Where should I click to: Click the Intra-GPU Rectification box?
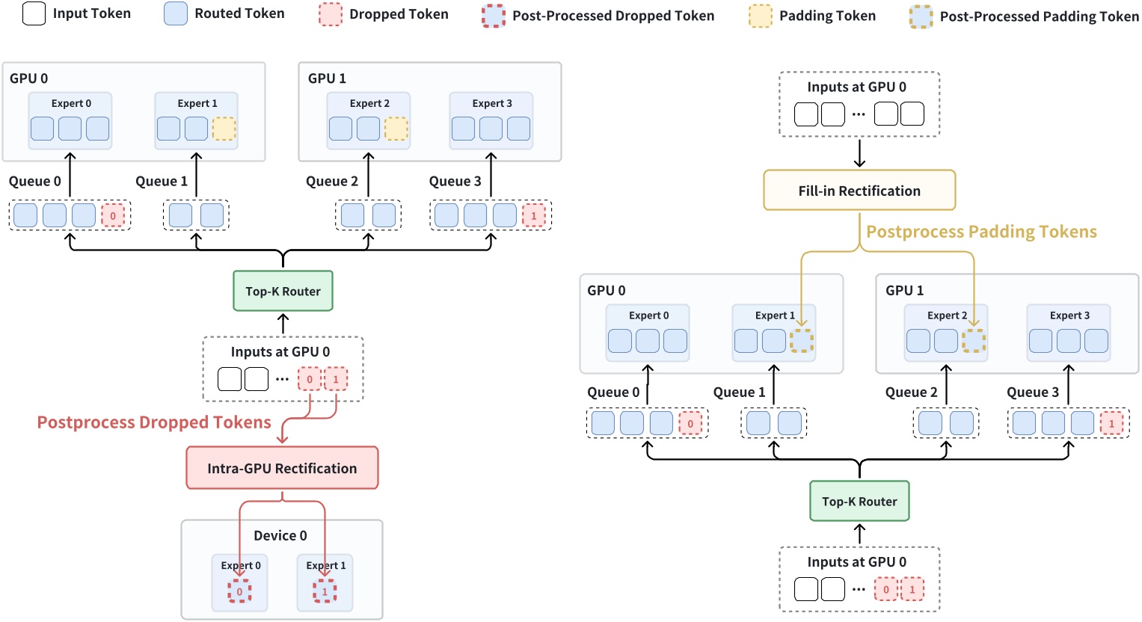[282, 468]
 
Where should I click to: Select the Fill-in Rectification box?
[859, 191]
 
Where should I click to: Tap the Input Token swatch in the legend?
[34, 13]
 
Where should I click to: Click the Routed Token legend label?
[239, 13]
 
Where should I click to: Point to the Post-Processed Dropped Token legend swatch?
[494, 16]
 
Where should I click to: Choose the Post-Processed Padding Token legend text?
[1039, 16]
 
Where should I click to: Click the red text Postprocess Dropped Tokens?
[154, 422]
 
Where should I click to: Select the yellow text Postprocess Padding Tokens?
[981, 232]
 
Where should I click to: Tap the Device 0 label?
[280, 535]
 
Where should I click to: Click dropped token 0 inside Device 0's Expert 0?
[239, 591]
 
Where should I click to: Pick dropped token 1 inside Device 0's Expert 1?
[325, 591]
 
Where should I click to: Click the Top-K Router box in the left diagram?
[283, 292]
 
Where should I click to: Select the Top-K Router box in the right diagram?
[859, 502]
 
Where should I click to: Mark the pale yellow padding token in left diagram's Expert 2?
[396, 129]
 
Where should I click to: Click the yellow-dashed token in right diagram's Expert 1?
[801, 341]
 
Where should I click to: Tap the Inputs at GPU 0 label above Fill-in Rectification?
[856, 87]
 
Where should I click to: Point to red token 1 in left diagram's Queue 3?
[533, 215]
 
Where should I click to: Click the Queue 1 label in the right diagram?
[739, 392]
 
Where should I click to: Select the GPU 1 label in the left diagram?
[327, 78]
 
